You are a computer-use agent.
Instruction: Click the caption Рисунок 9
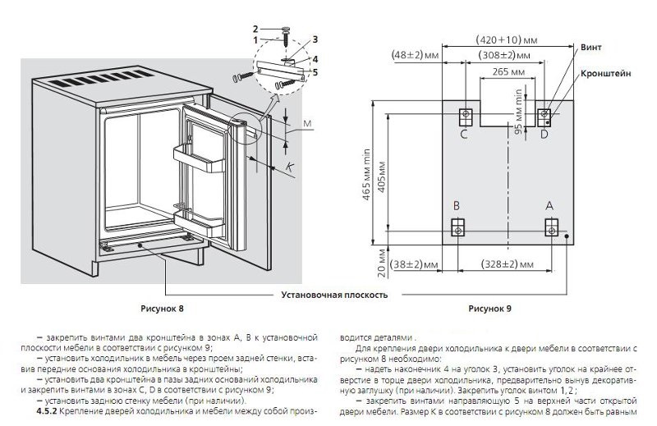pyautogui.click(x=489, y=309)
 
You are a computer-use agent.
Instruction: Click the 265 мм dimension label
pyautogui.click(x=506, y=71)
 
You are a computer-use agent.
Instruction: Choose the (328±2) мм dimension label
pyautogui.click(x=503, y=264)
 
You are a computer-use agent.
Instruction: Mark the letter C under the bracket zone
pyautogui.click(x=464, y=133)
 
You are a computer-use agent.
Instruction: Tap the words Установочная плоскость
pyautogui.click(x=334, y=293)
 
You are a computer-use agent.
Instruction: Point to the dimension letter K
pyautogui.click(x=291, y=167)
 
